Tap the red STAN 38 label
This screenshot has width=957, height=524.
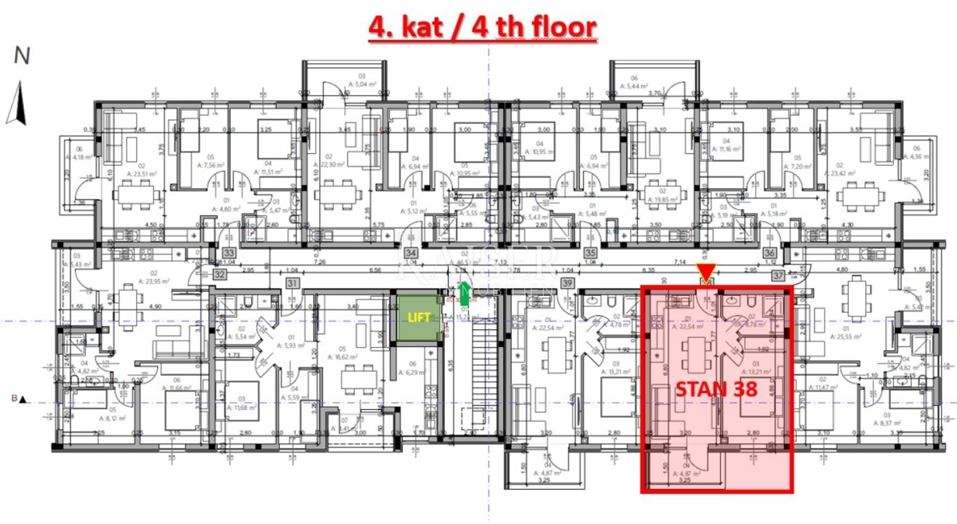tap(716, 390)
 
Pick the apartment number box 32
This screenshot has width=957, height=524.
tap(219, 274)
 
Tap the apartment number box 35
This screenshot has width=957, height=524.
tap(591, 254)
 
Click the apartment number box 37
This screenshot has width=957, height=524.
tap(778, 275)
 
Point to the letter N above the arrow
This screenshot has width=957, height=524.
tap(22, 56)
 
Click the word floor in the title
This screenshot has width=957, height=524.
tap(555, 28)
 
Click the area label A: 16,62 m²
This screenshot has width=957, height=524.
tap(344, 357)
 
